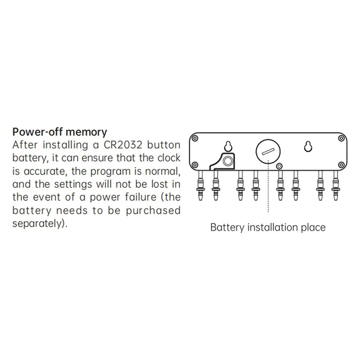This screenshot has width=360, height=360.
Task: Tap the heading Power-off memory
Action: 59,132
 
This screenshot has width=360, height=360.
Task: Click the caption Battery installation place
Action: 267,228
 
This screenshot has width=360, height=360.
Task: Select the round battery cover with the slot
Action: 268,152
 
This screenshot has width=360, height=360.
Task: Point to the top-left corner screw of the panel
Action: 195,138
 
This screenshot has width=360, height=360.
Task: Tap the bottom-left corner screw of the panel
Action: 195,165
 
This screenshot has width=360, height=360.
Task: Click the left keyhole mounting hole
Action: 228,146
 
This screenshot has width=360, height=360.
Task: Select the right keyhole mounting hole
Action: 308,146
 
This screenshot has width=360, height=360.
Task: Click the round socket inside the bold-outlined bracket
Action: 227,161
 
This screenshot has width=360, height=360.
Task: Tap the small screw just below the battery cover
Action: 279,166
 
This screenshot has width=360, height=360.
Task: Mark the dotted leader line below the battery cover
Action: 268,191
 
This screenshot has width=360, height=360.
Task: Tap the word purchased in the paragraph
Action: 153,210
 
